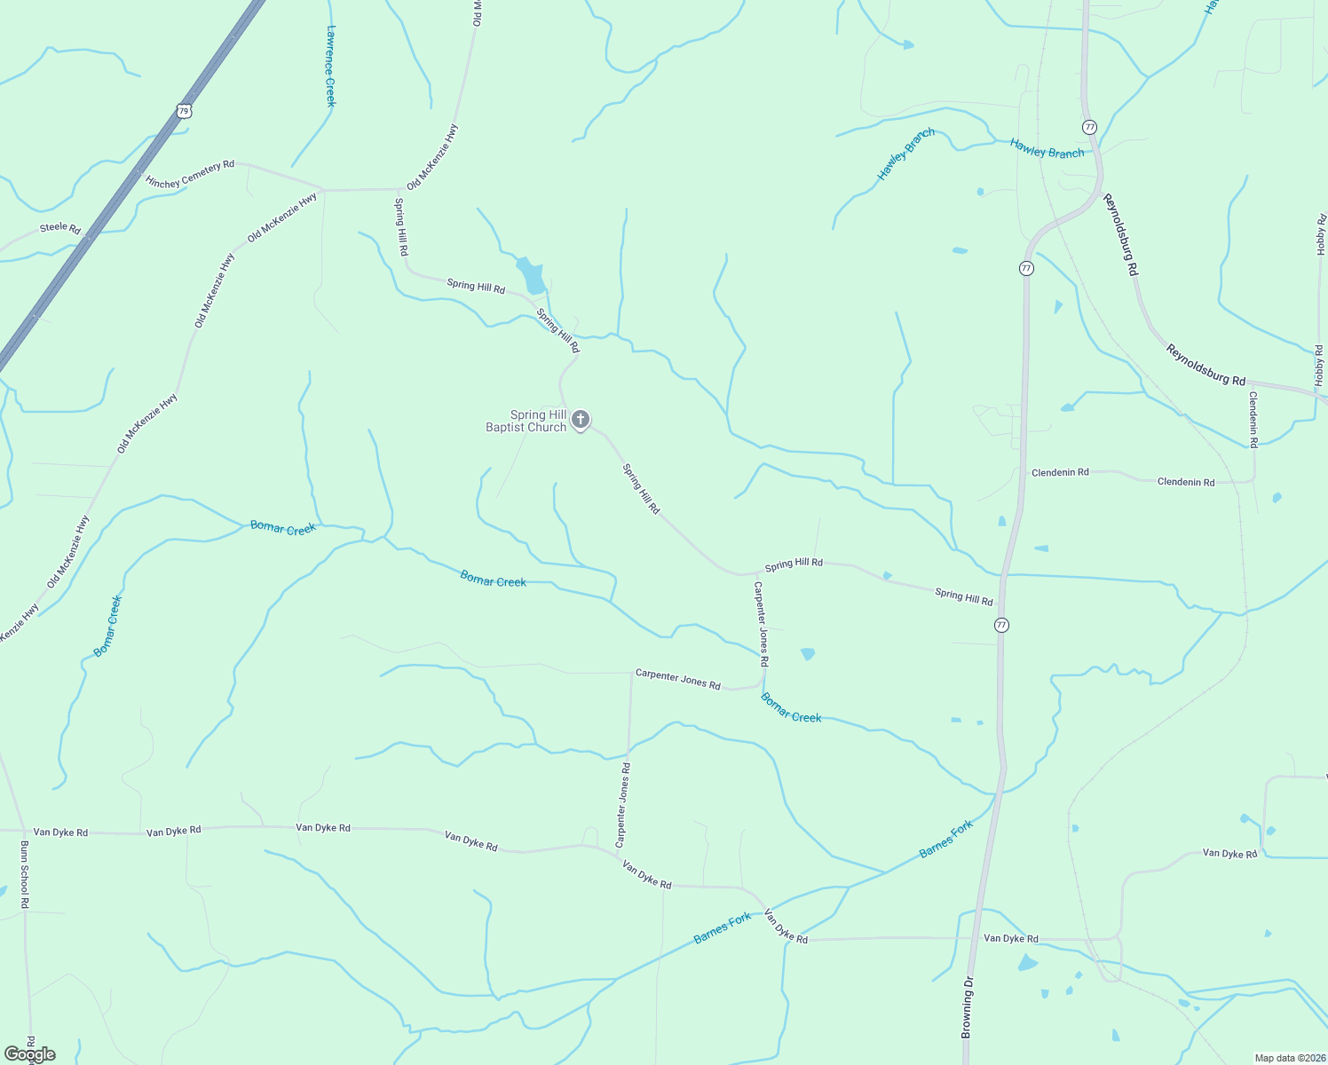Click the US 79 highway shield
pos(184,111)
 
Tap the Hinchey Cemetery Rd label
pos(190,174)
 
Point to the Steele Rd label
pos(60,228)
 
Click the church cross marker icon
pos(581,419)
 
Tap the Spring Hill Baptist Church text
pos(526,421)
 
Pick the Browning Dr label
pos(968,1007)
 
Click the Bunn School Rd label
pos(25,874)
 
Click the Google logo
pos(29,1054)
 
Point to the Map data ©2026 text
pos(1288,1058)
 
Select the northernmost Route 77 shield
pos(1090,127)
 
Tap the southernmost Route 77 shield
pos(1002,625)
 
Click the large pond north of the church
pos(533,275)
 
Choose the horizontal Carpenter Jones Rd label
pos(678,680)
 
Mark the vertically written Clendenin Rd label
pos(1253,419)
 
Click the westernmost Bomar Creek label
pos(107,627)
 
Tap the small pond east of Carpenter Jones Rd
pos(808,654)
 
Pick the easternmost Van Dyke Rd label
pos(1230,854)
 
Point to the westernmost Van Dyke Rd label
pos(60,832)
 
